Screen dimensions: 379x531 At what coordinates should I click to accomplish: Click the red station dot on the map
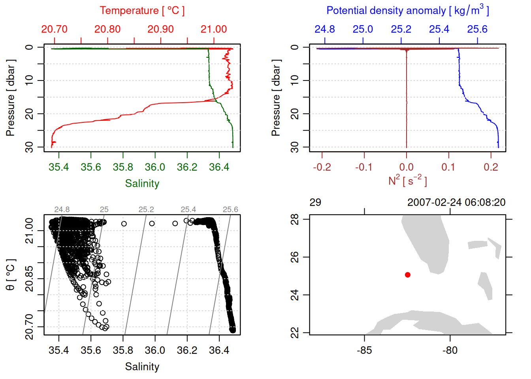click(407, 275)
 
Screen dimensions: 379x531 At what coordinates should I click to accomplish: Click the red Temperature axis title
click(142, 11)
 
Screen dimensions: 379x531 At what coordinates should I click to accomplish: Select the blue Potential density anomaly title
click(407, 11)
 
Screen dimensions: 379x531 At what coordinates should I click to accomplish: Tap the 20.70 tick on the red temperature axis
click(55, 29)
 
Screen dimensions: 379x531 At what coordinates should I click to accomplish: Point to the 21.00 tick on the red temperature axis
click(214, 29)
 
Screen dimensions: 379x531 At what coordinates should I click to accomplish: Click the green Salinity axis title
click(142, 184)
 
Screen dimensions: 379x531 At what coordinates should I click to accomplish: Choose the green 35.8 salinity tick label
click(123, 167)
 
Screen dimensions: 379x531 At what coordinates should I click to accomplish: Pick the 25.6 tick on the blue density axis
click(477, 29)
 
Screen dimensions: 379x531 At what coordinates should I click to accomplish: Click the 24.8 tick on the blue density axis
click(325, 29)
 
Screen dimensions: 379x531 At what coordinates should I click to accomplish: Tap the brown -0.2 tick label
click(322, 167)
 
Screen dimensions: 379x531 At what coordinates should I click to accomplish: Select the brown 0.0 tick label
click(406, 167)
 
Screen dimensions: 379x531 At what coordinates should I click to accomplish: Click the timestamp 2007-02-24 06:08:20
click(456, 203)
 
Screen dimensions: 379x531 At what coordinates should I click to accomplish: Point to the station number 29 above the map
click(315, 203)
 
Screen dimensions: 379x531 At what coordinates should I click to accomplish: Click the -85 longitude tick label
click(364, 351)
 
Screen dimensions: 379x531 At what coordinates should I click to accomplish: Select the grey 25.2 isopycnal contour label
click(146, 210)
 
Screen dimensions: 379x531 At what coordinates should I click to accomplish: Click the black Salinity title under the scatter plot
click(142, 367)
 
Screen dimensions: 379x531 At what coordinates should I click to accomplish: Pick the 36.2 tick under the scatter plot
click(187, 351)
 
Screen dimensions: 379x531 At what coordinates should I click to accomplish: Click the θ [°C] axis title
click(11, 275)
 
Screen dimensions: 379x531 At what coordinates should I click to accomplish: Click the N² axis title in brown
click(407, 181)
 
